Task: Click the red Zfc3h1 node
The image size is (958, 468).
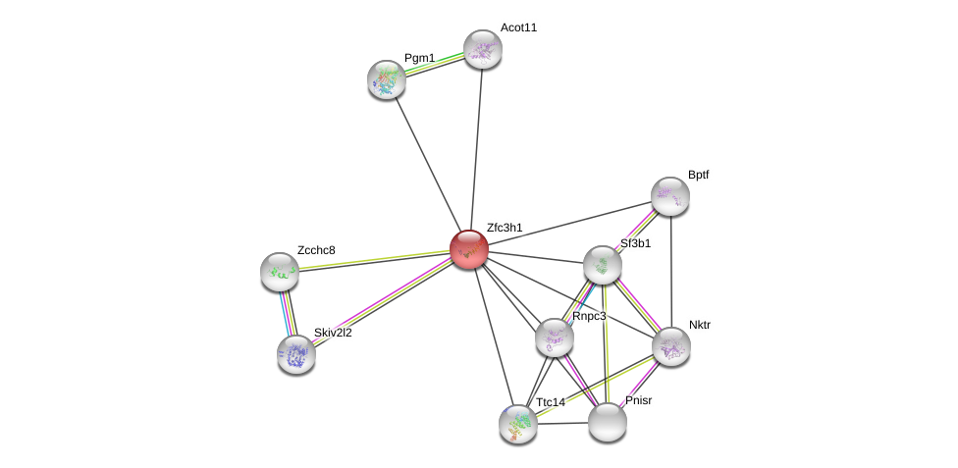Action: (x=469, y=249)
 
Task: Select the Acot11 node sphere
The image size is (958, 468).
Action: (x=483, y=49)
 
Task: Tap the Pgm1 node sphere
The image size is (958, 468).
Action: (x=387, y=79)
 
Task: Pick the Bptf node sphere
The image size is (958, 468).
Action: (x=670, y=196)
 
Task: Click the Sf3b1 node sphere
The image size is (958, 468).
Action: (x=603, y=265)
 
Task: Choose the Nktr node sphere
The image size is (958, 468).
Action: (x=671, y=346)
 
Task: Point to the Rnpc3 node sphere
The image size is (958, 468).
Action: (x=555, y=338)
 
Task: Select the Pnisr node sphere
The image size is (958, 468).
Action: (x=608, y=422)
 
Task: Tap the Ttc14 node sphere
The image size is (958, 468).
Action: (x=518, y=424)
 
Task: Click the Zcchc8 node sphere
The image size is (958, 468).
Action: (x=280, y=272)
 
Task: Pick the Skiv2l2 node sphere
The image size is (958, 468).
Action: (x=296, y=354)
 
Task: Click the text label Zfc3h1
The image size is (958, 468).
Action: (x=505, y=228)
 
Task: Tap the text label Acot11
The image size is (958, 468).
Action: (x=518, y=27)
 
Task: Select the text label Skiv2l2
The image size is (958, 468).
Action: (x=333, y=333)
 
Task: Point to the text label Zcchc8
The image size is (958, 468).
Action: (x=316, y=250)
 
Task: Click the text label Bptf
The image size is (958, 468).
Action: (x=698, y=175)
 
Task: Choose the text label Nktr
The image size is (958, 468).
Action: (x=699, y=325)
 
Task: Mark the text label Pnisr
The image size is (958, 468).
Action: (x=638, y=400)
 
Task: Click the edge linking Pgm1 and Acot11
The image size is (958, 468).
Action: (x=435, y=64)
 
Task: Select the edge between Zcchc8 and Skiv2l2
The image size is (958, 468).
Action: (x=288, y=313)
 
